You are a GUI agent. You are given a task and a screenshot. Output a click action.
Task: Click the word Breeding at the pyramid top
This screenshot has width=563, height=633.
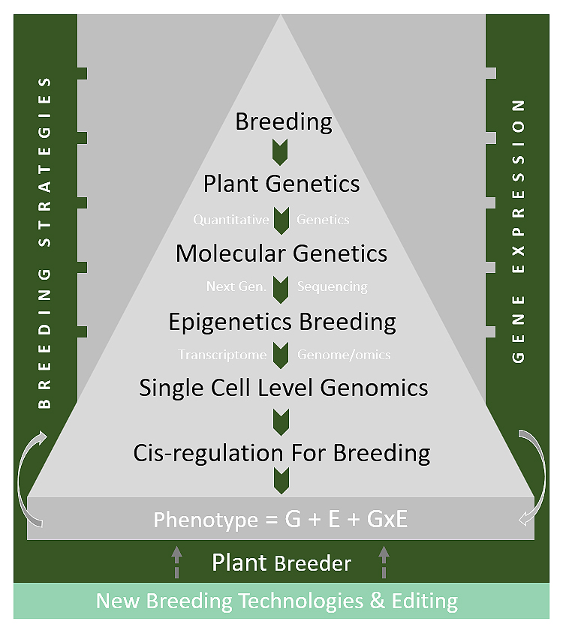coord(284,122)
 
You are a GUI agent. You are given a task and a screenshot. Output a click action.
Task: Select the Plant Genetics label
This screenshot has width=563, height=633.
coord(281,184)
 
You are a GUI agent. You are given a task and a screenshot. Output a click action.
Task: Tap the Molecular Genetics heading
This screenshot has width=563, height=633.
coord(281,253)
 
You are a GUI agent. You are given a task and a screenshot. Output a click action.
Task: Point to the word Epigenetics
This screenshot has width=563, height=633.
coord(230,322)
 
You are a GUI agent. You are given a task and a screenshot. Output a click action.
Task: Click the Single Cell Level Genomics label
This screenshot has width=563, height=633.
coord(283,388)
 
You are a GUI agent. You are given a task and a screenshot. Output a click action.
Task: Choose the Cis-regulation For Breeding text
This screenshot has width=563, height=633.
coord(281,453)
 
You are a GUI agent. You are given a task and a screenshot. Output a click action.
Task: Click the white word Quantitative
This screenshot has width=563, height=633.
coord(230,220)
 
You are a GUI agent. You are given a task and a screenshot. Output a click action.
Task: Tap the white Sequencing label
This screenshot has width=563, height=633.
coord(333,287)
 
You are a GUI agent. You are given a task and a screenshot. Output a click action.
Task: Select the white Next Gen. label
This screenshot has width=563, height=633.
coord(236,286)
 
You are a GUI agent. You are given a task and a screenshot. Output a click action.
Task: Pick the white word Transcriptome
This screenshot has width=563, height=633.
coord(222,355)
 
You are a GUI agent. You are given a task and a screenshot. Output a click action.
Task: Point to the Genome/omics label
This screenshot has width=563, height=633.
coord(344,355)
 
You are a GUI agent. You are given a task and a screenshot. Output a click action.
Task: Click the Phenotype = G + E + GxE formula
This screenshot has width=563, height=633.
coord(281,519)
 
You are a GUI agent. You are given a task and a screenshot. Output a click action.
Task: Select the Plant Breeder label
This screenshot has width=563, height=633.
coord(281,562)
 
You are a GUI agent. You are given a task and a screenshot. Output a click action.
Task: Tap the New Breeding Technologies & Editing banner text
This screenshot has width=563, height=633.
coord(277,601)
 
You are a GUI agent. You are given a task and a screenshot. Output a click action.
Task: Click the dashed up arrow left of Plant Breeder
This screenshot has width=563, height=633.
coord(176,562)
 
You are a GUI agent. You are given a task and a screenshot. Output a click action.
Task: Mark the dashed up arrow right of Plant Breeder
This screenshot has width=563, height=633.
coord(384,562)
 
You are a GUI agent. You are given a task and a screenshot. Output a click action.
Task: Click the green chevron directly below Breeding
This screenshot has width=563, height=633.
coord(280,152)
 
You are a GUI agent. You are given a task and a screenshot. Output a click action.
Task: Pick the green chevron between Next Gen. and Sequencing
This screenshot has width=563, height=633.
coord(281,289)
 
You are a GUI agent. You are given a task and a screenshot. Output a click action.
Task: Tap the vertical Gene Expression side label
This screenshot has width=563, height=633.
coord(518,231)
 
